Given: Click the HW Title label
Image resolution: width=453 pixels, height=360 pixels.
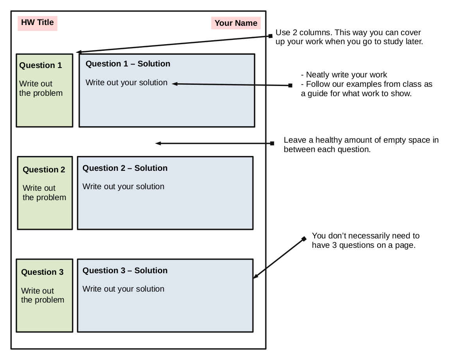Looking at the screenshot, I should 38,22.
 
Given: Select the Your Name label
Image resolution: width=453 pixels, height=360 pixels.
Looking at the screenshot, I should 236,23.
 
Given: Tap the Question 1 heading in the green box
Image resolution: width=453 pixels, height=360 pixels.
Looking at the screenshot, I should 41,65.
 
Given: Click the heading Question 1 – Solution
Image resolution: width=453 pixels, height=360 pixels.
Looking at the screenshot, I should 128,64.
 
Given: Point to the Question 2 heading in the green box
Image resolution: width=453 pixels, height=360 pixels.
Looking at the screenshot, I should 44,170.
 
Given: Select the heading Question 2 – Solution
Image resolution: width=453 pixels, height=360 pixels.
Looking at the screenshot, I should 125,168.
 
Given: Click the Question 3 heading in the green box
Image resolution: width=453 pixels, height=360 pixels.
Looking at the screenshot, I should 42,272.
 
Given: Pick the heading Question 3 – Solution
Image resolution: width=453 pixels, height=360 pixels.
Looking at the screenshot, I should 125,270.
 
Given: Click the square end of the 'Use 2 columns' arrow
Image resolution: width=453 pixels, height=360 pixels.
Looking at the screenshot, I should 270,36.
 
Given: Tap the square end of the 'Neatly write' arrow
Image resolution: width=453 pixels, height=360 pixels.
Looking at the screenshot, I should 290,86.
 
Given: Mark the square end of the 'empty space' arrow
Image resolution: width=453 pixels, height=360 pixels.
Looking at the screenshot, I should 272,143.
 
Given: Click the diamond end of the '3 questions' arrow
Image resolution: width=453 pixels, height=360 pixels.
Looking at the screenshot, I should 304,239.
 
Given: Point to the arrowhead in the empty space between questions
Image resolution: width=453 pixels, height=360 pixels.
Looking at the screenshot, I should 158,143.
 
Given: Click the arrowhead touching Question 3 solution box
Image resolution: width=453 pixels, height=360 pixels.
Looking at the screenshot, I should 255,277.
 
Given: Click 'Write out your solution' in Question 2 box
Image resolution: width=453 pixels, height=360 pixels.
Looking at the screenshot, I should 123,186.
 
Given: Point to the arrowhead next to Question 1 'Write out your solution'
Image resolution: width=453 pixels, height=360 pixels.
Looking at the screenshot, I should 174,83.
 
